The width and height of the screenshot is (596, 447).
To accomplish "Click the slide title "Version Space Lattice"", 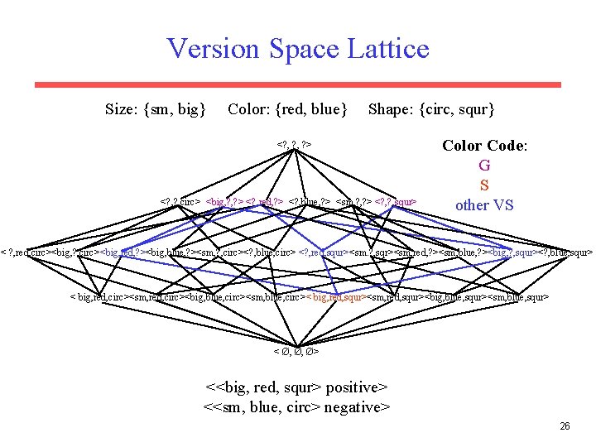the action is pos(298,48).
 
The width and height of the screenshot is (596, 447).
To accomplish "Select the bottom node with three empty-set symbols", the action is pos(296,352).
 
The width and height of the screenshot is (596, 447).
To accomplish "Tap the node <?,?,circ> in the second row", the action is pos(180,200).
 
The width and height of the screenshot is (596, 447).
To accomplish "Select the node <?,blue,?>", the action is pos(310,200).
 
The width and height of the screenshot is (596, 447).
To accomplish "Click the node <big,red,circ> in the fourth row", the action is pos(99,296).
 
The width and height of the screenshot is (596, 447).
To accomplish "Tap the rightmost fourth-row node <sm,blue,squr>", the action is pos(518,296).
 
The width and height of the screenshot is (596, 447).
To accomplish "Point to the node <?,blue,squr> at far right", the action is pos(565,252).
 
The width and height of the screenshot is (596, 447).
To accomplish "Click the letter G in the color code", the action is pos(484,166).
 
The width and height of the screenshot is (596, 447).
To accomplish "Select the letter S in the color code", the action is pos(484,185).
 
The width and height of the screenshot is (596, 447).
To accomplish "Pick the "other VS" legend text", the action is pos(484,204).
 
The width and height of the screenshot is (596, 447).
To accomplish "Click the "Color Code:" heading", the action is pos(484,146).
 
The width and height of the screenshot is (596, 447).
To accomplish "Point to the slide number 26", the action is pos(565,426).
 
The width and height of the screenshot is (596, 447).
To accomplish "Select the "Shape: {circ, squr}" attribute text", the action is pos(431,108).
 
